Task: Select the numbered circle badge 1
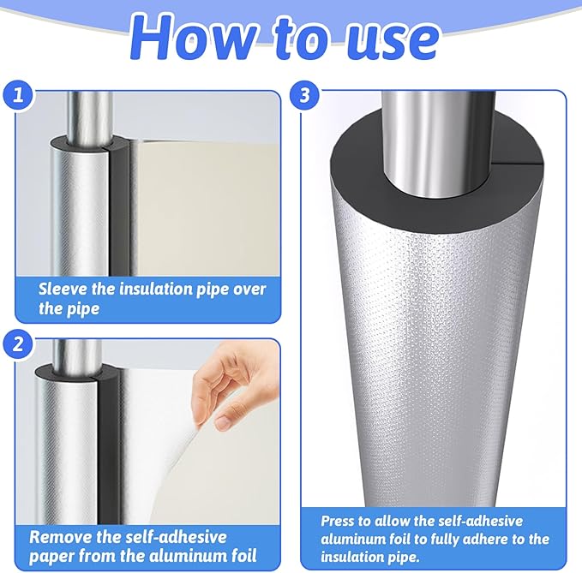pyautogui.click(x=18, y=95)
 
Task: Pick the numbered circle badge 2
pyautogui.click(x=18, y=343)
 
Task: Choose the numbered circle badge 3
pyautogui.click(x=304, y=95)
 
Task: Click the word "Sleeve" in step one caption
pyautogui.click(x=63, y=289)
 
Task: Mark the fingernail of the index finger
pyautogui.click(x=223, y=422)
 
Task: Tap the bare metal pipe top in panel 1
pyautogui.click(x=89, y=119)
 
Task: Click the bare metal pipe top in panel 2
pyautogui.click(x=76, y=357)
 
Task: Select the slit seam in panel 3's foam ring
pyautogui.click(x=517, y=162)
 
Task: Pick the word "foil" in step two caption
pyautogui.click(x=243, y=557)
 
